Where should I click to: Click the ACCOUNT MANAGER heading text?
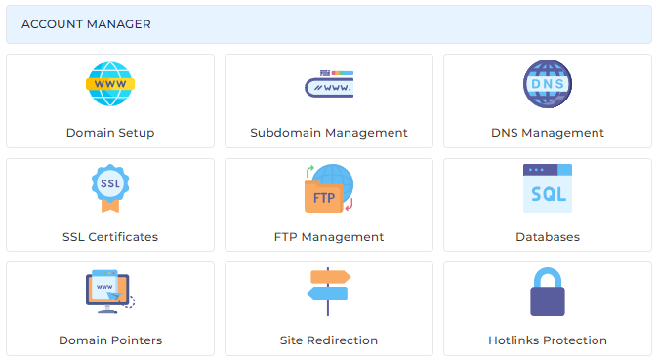(x=86, y=24)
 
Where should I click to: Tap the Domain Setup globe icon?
(x=110, y=84)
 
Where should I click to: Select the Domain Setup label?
(x=110, y=133)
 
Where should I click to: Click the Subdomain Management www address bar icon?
(x=329, y=84)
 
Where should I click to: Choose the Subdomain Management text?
(x=329, y=133)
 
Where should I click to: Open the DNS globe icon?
(x=548, y=84)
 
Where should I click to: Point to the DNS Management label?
(x=548, y=133)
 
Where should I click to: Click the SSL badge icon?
(x=110, y=188)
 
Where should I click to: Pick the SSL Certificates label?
(x=110, y=237)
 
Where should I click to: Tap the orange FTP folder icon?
(x=323, y=197)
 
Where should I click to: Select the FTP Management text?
(x=329, y=237)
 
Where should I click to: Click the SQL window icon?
(x=548, y=188)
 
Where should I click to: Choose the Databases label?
(x=548, y=237)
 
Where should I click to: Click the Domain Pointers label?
(x=110, y=340)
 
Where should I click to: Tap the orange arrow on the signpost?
(x=331, y=277)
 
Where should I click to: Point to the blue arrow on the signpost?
(x=327, y=294)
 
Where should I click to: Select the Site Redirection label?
(x=329, y=340)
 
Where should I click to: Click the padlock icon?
(x=548, y=292)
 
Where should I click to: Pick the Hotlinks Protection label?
(x=548, y=340)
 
